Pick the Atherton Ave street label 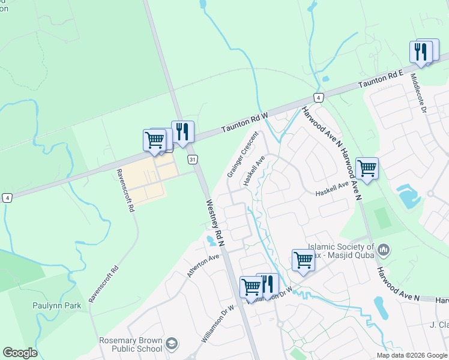pyautogui.click(x=203, y=266)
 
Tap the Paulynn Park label pyautogui.click(x=56, y=305)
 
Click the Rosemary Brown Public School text pyautogui.click(x=130, y=344)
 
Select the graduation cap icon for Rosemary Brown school pyautogui.click(x=172, y=344)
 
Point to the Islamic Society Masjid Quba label pyautogui.click(x=340, y=251)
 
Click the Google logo pyautogui.click(x=20, y=353)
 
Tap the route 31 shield pyautogui.click(x=192, y=159)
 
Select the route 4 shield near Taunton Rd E pyautogui.click(x=318, y=97)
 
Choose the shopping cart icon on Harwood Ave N pyautogui.click(x=366, y=168)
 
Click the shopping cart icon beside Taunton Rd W pyautogui.click(x=154, y=140)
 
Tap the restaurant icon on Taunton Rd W pyautogui.click(x=182, y=131)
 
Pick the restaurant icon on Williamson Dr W pyautogui.click(x=268, y=283)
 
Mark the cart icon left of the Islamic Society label pyautogui.click(x=303, y=260)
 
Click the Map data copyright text pyautogui.click(x=412, y=355)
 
